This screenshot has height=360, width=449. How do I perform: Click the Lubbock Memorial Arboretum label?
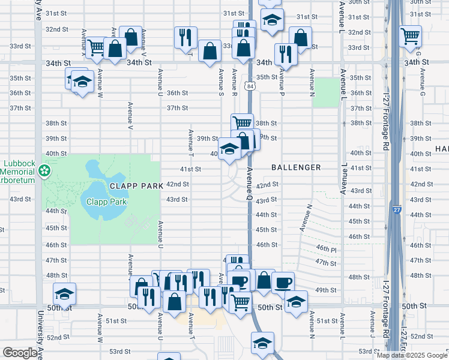click(x=19, y=171)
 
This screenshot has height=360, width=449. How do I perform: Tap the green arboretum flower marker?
click(x=43, y=172)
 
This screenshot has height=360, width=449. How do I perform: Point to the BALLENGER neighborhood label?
click(x=296, y=167)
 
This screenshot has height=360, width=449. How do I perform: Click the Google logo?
click(x=20, y=353)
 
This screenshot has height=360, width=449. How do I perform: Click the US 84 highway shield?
click(x=249, y=87)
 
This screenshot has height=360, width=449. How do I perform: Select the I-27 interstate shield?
click(x=397, y=211)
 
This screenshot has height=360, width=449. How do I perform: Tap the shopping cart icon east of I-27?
click(x=410, y=37)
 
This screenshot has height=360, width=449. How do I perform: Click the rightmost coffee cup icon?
click(x=283, y=282)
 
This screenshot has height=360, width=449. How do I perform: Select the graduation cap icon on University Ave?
click(x=64, y=293)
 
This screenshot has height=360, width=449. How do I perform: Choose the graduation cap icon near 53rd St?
click(x=262, y=343)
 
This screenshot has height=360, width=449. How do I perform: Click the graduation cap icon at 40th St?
click(x=229, y=149)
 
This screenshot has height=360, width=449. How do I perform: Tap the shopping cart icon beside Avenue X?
click(x=95, y=47)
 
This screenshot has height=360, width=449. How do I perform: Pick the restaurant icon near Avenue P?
click(x=286, y=55)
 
